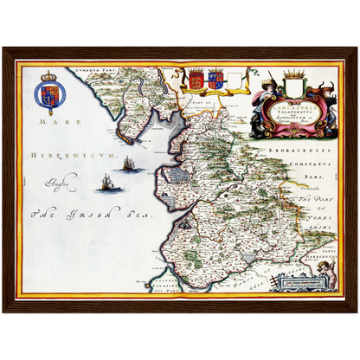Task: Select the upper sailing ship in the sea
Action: tap(127, 164)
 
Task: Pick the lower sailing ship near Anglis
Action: tap(107, 182)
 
